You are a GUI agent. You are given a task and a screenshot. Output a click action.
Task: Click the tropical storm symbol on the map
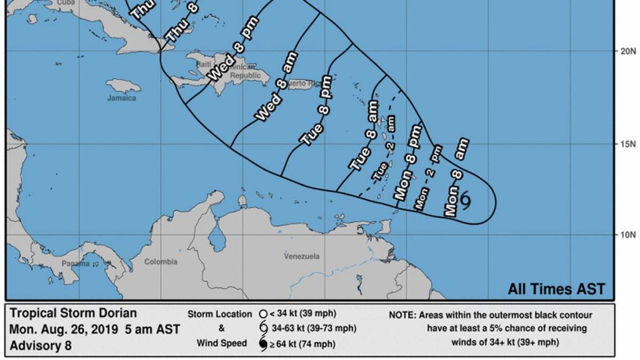click(465, 199)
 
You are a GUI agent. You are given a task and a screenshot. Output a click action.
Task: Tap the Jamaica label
click(121, 98)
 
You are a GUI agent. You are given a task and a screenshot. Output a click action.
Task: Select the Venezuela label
click(301, 256)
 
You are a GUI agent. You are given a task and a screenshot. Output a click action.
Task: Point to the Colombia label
click(161, 262)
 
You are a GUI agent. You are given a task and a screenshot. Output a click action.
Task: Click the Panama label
click(75, 264)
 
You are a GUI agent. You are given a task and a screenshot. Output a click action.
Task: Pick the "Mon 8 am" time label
click(456, 177)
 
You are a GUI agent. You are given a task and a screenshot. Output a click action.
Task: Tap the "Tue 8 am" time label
click(364, 143)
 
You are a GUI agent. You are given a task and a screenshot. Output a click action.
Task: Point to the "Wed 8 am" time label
click(276, 87)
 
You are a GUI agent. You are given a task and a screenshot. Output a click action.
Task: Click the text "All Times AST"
click(556, 289)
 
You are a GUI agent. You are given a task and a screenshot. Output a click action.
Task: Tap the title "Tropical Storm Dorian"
click(73, 314)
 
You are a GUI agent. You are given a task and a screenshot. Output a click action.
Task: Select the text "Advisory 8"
click(41, 345)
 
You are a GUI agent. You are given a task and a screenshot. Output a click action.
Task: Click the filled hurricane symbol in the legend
click(263, 344)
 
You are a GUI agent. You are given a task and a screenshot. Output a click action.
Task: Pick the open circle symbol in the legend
click(263, 314)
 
